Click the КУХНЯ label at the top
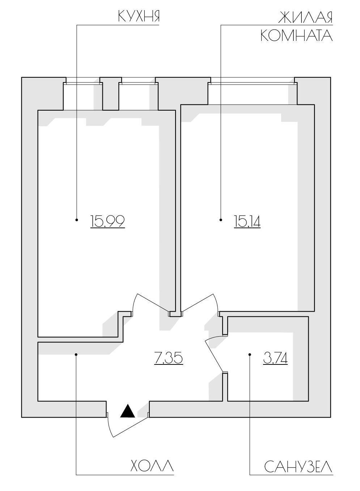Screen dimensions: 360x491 139,16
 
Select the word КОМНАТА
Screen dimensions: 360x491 297,35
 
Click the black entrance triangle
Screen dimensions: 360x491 127,411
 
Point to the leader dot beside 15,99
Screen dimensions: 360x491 77,219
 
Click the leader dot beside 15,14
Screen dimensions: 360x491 221,219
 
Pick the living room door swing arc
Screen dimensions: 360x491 215,302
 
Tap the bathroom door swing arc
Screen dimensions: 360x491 213,338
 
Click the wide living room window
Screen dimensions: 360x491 253,83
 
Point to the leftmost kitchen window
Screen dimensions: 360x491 83,83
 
